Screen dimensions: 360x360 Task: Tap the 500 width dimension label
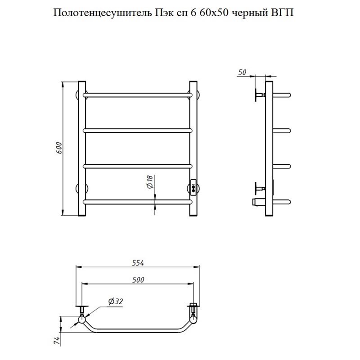point(138,279)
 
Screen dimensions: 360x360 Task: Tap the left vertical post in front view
point(81,148)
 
